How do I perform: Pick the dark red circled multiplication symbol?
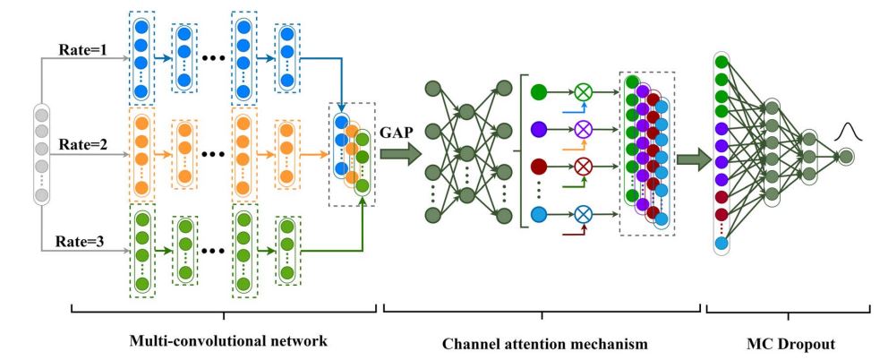click(x=584, y=167)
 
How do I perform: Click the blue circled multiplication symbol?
click(x=584, y=213)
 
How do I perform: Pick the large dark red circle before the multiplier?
click(x=538, y=167)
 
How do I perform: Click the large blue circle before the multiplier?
click(x=538, y=213)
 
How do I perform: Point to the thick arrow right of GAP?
click(x=398, y=154)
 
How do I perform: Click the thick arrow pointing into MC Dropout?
click(x=688, y=160)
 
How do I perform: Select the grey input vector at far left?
click(x=41, y=153)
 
